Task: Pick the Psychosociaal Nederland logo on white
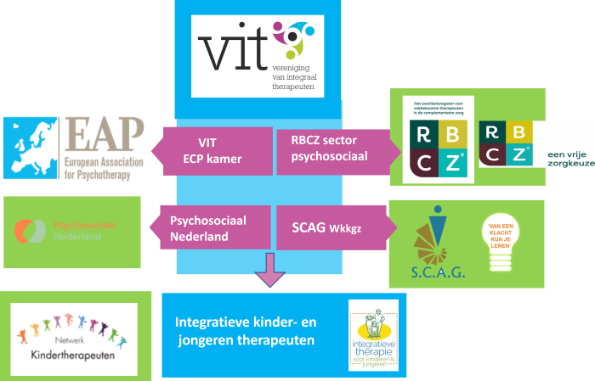pyautogui.click(x=71, y=231)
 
